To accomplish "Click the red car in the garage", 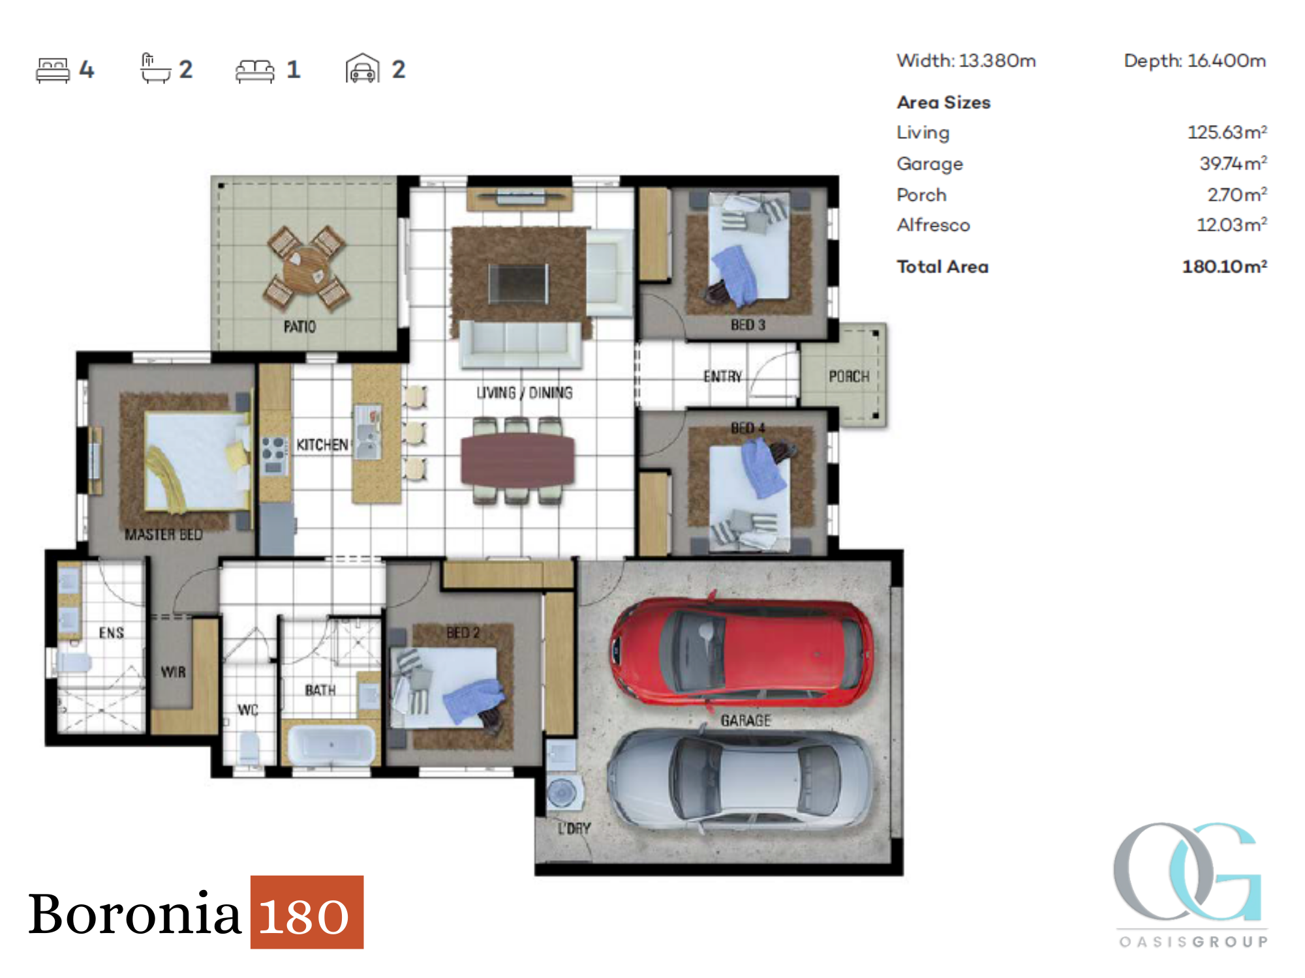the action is (x=742, y=652).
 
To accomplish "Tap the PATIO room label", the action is (x=299, y=327).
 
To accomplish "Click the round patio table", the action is (x=307, y=267).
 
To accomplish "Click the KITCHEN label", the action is (x=322, y=445).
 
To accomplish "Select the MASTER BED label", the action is (x=163, y=535).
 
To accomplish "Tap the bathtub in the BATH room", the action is (x=331, y=744).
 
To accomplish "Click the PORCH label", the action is (x=849, y=376).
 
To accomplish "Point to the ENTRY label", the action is (x=722, y=376).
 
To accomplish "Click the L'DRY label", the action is (x=574, y=828).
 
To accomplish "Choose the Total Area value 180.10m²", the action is (x=1225, y=266).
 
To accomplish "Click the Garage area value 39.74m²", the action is (x=1233, y=163).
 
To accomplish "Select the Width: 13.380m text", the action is (x=966, y=61).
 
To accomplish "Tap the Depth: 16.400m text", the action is (x=1195, y=61).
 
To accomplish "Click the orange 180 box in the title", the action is (x=307, y=911).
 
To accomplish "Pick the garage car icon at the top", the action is (x=362, y=68).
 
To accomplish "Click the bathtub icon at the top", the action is (x=155, y=68).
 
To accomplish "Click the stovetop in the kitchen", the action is (x=274, y=454).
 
